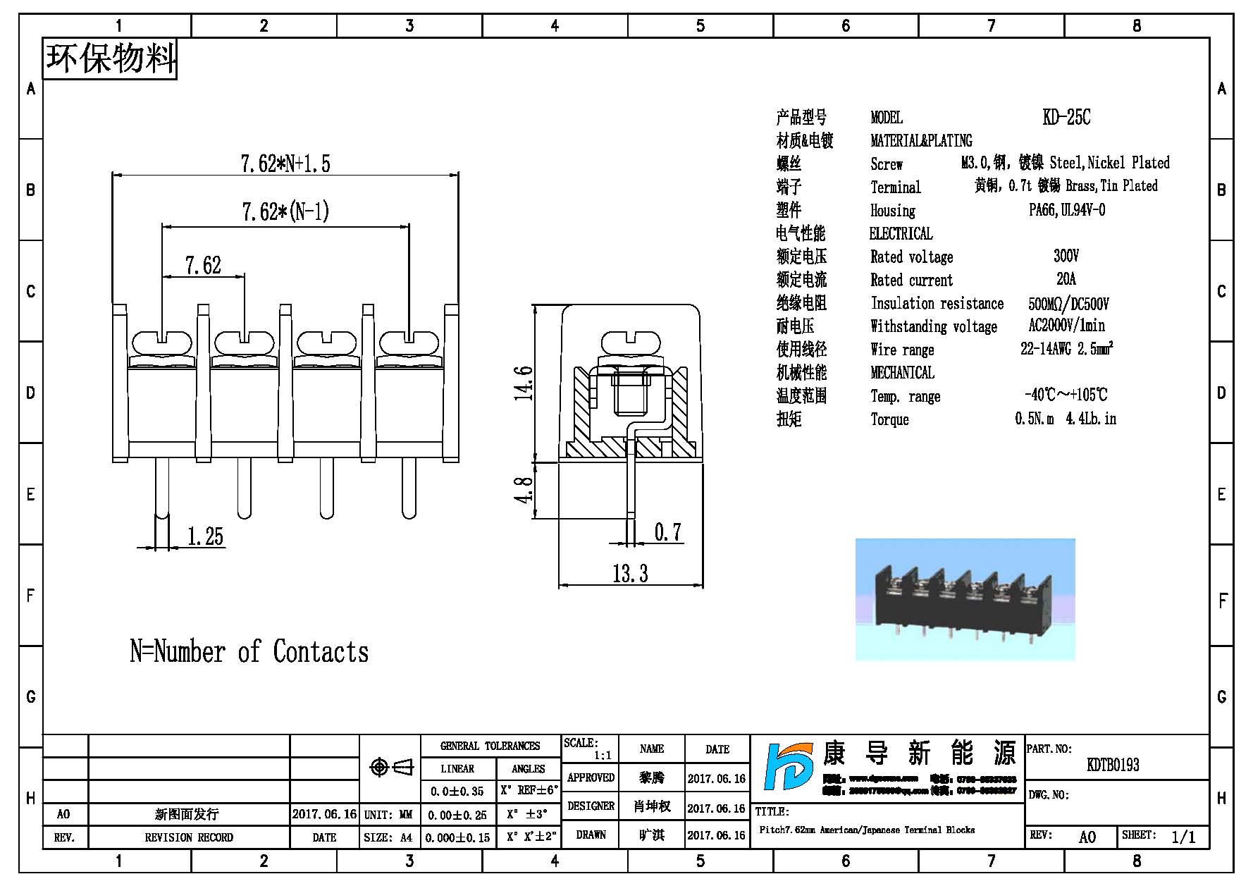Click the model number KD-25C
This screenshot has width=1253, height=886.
[1066, 117]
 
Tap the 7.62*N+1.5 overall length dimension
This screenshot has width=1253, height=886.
[285, 164]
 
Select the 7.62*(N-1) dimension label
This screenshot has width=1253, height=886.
[285, 211]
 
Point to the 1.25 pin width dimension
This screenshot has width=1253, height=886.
[205, 537]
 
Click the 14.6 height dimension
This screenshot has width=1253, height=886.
[523, 383]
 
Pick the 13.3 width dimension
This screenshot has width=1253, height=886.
[630, 574]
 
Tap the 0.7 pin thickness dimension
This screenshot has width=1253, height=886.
[667, 532]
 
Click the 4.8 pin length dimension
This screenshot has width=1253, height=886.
[523, 490]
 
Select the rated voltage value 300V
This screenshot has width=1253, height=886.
[1066, 256]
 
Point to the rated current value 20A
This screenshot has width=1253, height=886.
[1066, 279]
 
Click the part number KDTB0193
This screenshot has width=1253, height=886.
[1113, 765]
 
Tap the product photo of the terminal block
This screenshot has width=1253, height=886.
[965, 599]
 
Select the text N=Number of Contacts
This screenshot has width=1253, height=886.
[249, 652]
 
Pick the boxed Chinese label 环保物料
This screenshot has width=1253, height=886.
[111, 59]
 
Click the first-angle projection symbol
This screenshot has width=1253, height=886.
[392, 767]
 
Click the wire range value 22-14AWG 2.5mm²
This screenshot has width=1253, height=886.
[1066, 349]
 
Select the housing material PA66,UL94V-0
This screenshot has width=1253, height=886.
[1066, 210]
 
